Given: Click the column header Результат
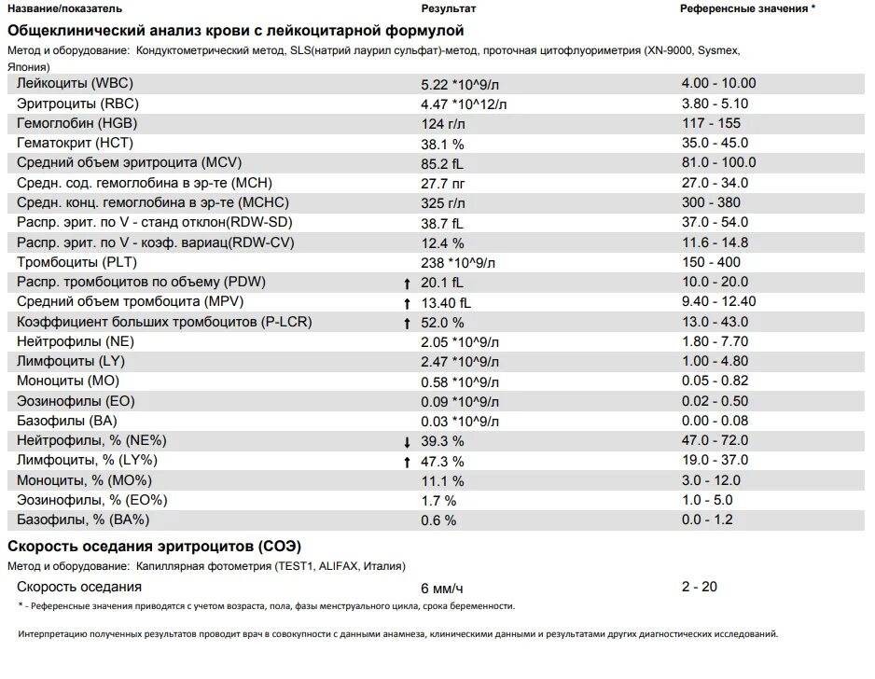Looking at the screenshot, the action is [448, 9].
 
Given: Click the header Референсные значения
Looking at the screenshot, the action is [743, 9].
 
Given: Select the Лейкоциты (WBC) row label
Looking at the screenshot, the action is [75, 84].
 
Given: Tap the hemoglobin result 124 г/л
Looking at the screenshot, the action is [442, 124].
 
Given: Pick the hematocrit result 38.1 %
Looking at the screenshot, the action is [442, 145].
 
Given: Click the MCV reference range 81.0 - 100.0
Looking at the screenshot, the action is [718, 162].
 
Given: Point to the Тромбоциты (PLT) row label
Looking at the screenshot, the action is [76, 262].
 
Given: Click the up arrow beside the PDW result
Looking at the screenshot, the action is [407, 284].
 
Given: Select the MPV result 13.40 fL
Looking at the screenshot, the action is [446, 303].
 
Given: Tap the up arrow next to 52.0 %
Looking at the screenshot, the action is [407, 324].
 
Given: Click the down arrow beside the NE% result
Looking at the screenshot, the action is [407, 442].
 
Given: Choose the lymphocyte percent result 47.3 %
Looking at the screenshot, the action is [442, 462].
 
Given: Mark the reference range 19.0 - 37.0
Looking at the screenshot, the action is [715, 461].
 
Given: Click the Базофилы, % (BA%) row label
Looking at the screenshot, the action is [83, 520].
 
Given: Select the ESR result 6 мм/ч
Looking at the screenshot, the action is [442, 589].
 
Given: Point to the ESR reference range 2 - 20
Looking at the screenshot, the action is [700, 587].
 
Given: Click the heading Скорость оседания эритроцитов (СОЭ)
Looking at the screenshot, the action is [154, 547].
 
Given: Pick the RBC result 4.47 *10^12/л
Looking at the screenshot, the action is [464, 104].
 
